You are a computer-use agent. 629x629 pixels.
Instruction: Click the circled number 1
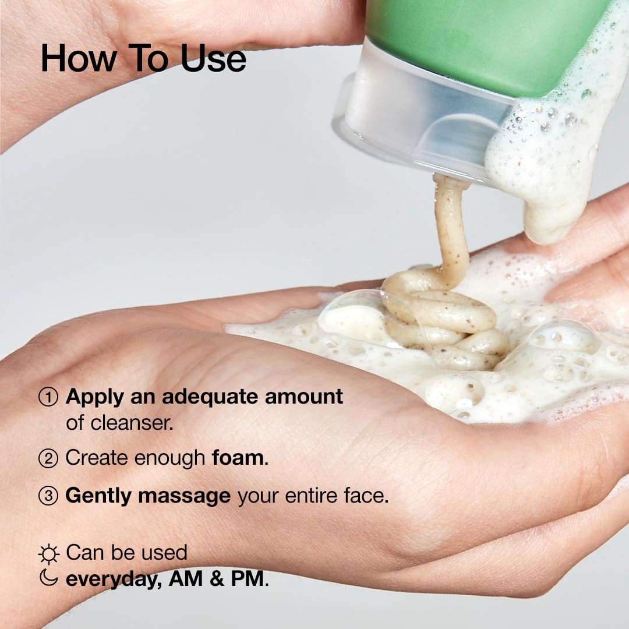point(48,397)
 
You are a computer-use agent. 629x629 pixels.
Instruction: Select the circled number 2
point(48,459)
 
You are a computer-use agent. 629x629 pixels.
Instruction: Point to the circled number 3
point(48,496)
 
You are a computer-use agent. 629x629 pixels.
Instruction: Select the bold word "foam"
point(238,458)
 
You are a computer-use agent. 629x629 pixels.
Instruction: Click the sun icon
point(48,554)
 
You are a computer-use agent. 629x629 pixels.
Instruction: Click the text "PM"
point(247,579)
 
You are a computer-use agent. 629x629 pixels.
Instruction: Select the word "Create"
point(97,458)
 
